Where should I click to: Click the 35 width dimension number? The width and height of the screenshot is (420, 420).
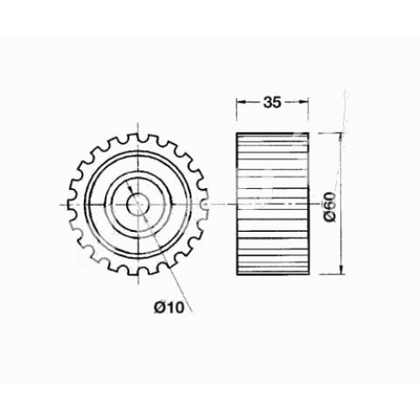pos(271,102)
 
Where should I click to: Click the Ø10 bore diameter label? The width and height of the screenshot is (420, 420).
pos(169,308)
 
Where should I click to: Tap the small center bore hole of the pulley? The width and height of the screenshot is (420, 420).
pos(138,205)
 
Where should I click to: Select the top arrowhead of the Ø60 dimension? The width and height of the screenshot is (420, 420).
pos(341,138)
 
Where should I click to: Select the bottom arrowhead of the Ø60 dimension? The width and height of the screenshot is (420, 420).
pos(341,270)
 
